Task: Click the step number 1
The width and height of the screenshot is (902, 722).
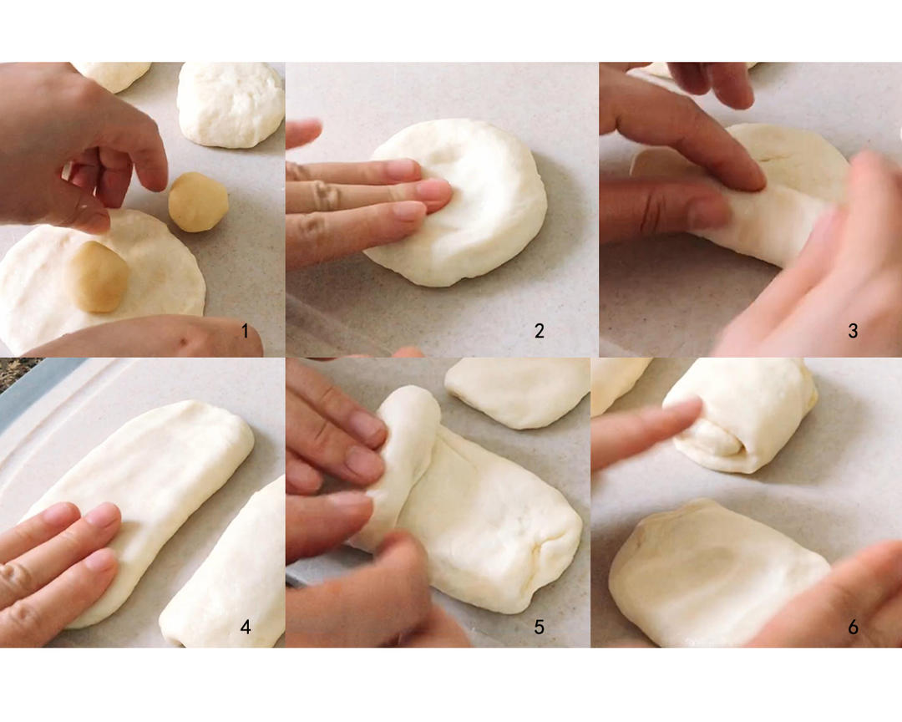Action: pos(245,331)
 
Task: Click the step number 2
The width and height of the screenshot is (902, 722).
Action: pos(539,331)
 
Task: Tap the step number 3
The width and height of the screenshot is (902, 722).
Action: pos(853,331)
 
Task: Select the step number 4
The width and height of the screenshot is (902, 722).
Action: pos(246,627)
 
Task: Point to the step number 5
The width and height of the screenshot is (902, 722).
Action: pos(539,627)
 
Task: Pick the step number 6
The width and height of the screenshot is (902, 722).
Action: pos(853,627)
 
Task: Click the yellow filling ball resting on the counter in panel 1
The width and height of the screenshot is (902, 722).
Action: pos(199,202)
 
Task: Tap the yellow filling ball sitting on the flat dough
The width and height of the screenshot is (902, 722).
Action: pos(98,277)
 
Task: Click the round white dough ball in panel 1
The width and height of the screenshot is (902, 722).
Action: pos(231,104)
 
